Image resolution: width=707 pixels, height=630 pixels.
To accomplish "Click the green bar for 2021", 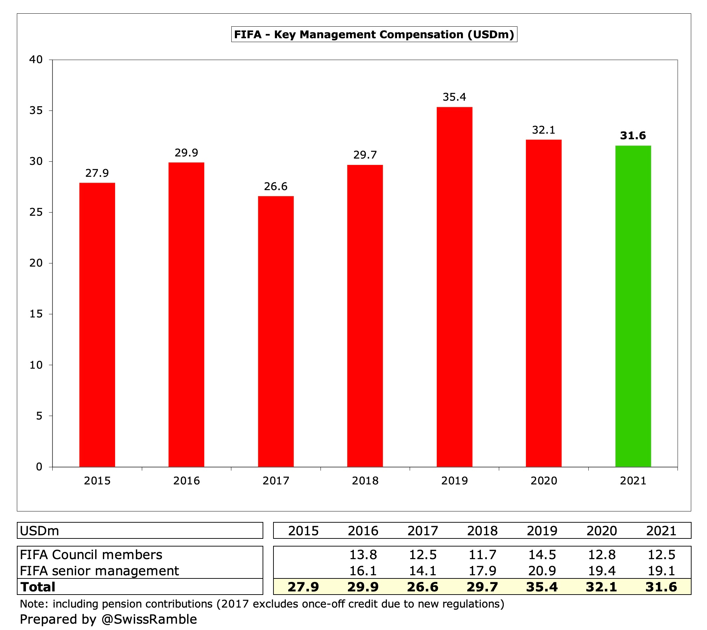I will [633, 306].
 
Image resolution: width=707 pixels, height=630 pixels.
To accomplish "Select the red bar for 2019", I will [454, 287].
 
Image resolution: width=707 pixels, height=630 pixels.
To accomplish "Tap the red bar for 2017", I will [276, 331].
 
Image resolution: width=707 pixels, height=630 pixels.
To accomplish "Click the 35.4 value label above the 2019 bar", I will [454, 97].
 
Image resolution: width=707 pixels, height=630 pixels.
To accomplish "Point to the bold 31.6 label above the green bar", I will [633, 136].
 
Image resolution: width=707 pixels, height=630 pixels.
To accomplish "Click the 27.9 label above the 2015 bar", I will [97, 173].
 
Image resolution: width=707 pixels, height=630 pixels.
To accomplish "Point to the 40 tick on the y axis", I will [36, 60].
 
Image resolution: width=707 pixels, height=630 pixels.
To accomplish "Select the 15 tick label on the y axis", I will [36, 314].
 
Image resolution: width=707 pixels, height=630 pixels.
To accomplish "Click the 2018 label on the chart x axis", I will [365, 481].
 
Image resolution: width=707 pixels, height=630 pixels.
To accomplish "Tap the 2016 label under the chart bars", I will [186, 481].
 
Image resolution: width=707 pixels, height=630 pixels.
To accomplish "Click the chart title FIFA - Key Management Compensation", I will [374, 35].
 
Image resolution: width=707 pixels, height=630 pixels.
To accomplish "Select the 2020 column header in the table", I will [601, 531].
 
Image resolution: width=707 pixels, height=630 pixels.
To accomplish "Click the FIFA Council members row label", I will [91, 555].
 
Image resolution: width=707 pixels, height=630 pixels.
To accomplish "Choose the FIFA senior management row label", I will [99, 571].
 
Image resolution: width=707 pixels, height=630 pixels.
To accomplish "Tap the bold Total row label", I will [38, 587].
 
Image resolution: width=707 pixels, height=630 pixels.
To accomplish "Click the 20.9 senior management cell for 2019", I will [542, 571].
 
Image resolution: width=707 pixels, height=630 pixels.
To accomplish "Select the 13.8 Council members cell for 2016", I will [363, 555].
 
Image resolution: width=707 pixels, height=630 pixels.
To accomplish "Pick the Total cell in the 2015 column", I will [303, 587].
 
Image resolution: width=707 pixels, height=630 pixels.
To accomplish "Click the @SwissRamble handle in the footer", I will [149, 619].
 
